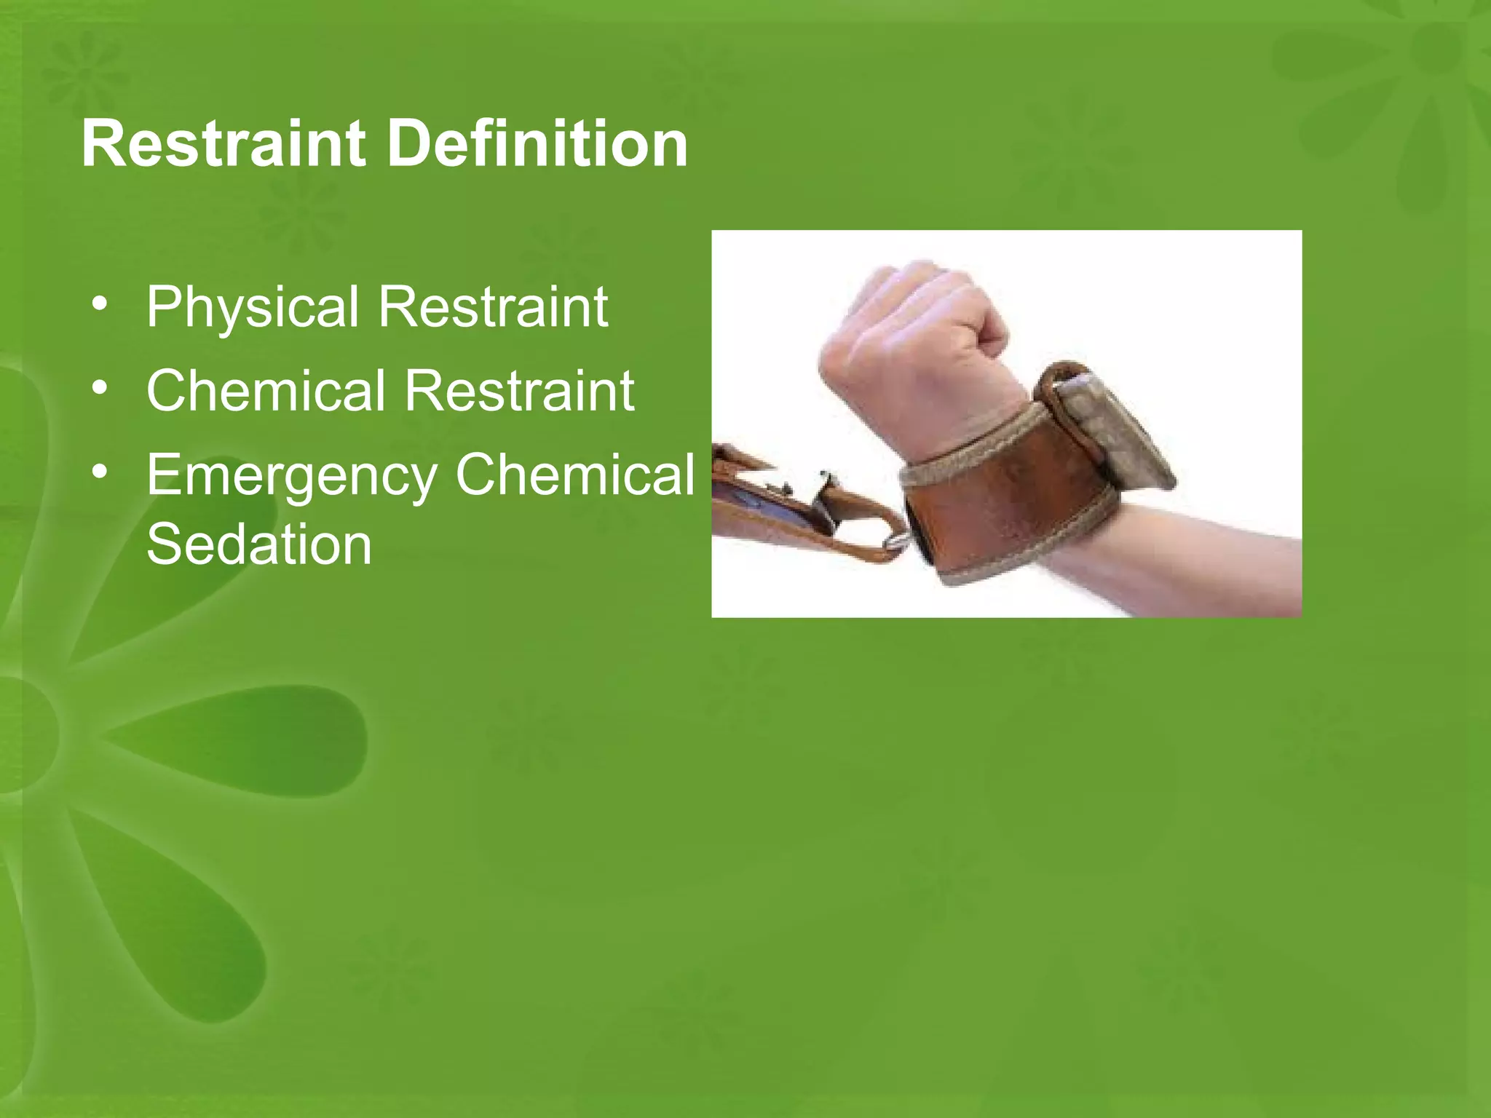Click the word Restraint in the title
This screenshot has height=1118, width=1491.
(223, 144)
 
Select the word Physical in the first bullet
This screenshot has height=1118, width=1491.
(252, 308)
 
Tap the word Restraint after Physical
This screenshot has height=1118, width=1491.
(492, 306)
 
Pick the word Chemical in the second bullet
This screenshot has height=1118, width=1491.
(265, 391)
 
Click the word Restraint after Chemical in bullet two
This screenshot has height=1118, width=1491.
(519, 391)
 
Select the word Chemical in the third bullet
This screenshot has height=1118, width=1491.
(574, 474)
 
